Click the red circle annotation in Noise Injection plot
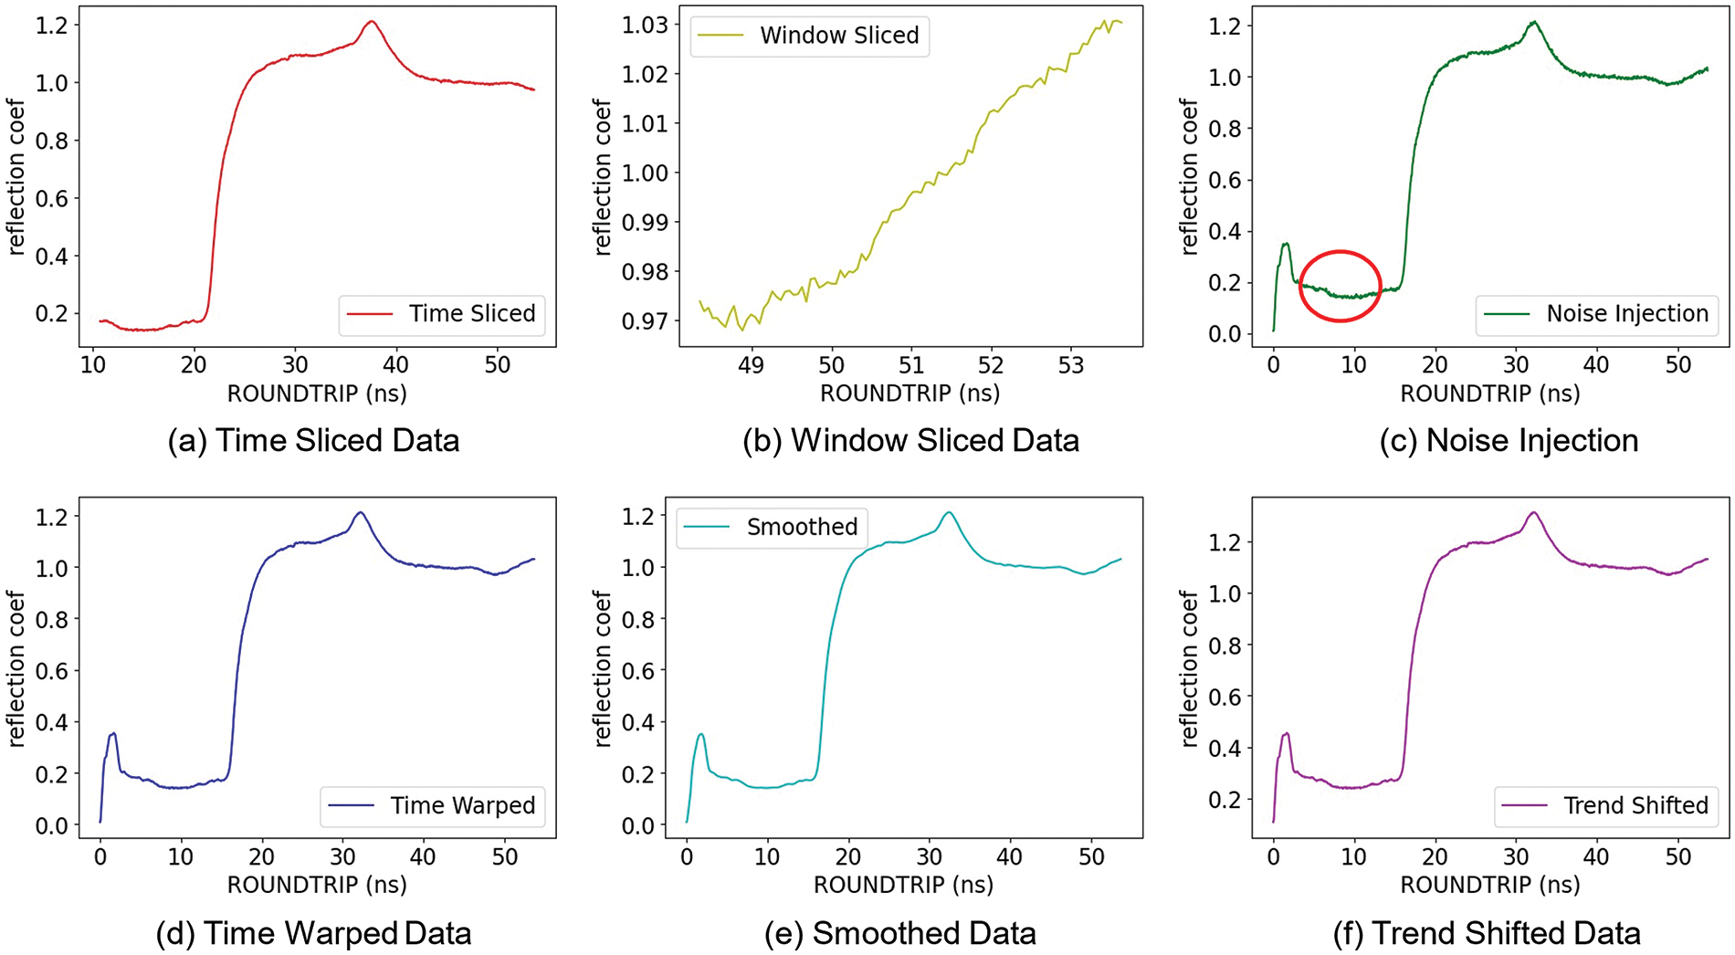click(1340, 286)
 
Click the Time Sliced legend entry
click(442, 314)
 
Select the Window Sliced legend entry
click(809, 37)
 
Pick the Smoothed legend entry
click(772, 528)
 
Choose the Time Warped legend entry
click(433, 805)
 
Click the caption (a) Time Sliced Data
click(313, 441)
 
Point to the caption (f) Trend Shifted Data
click(1487, 933)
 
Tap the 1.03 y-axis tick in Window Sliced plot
click(645, 25)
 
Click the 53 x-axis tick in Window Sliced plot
click(1070, 366)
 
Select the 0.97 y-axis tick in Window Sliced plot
click(645, 321)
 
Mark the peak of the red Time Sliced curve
click(371, 22)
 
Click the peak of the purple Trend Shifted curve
click(1534, 513)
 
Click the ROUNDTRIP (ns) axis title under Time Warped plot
click(317, 885)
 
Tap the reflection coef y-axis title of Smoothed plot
click(602, 667)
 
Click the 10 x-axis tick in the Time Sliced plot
click(92, 366)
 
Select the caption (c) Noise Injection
click(1509, 441)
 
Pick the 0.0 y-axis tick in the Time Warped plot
click(51, 825)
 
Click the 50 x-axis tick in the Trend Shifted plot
click(1677, 857)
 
